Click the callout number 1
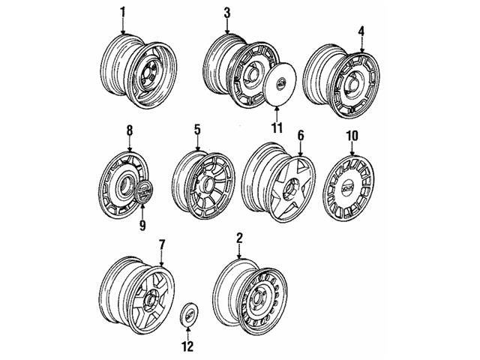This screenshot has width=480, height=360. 124,13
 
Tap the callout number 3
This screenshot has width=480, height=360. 226,13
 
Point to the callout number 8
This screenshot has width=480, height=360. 128,130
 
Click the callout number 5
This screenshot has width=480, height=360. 196,130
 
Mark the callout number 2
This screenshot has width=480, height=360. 238,239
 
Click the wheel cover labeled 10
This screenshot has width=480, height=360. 349,185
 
